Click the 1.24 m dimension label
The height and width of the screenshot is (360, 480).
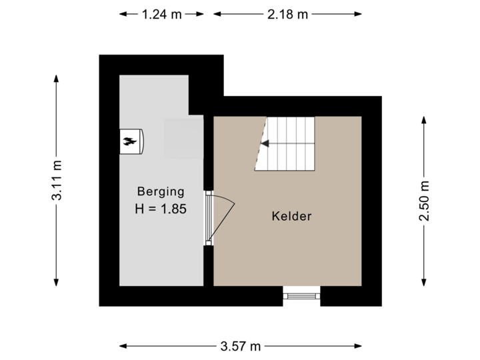point(161,13)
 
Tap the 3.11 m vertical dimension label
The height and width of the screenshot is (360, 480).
point(57,180)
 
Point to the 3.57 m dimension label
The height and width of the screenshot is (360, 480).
point(241,346)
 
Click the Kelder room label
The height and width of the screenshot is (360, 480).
point(291,216)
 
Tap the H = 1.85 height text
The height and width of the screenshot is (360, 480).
point(160,209)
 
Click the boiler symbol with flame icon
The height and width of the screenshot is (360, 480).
point(131,141)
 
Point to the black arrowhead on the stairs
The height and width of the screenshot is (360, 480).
point(264,143)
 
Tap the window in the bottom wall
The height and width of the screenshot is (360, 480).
point(301,296)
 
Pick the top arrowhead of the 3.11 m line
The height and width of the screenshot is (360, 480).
point(57,78)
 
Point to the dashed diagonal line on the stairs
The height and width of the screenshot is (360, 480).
point(261,147)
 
